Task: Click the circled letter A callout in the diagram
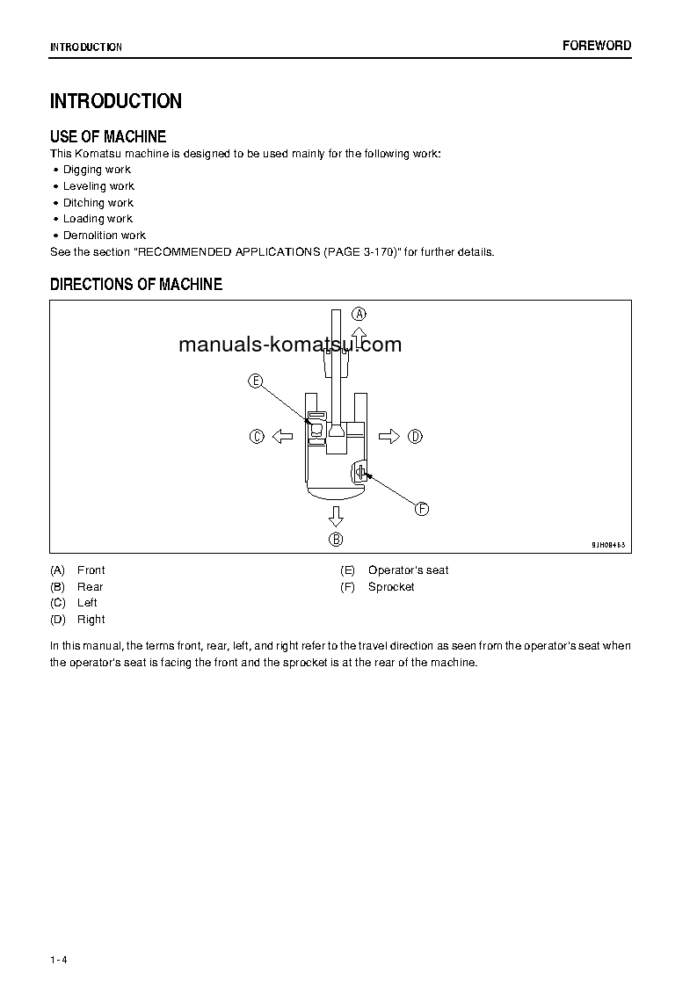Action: coord(359,313)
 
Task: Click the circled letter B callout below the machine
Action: coord(336,539)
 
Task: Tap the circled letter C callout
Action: coord(257,436)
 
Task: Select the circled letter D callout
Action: coord(416,436)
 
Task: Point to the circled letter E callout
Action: coord(255,381)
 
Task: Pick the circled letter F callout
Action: coord(421,508)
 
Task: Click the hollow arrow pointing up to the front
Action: coord(359,337)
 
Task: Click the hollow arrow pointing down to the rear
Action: coord(336,515)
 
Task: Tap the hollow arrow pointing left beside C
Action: coord(281,436)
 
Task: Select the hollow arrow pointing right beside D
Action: coord(389,436)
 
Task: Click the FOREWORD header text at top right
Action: coord(597,46)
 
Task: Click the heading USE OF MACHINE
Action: coord(108,136)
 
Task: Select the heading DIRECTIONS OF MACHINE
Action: coord(136,284)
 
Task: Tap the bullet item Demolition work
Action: coord(104,236)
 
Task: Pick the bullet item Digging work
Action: coord(97,170)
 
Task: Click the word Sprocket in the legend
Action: coord(391,587)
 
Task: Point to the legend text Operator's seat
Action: coord(408,570)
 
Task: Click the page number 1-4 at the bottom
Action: coord(59,959)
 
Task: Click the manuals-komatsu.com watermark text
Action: coord(290,345)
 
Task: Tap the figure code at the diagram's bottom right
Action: coord(608,545)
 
